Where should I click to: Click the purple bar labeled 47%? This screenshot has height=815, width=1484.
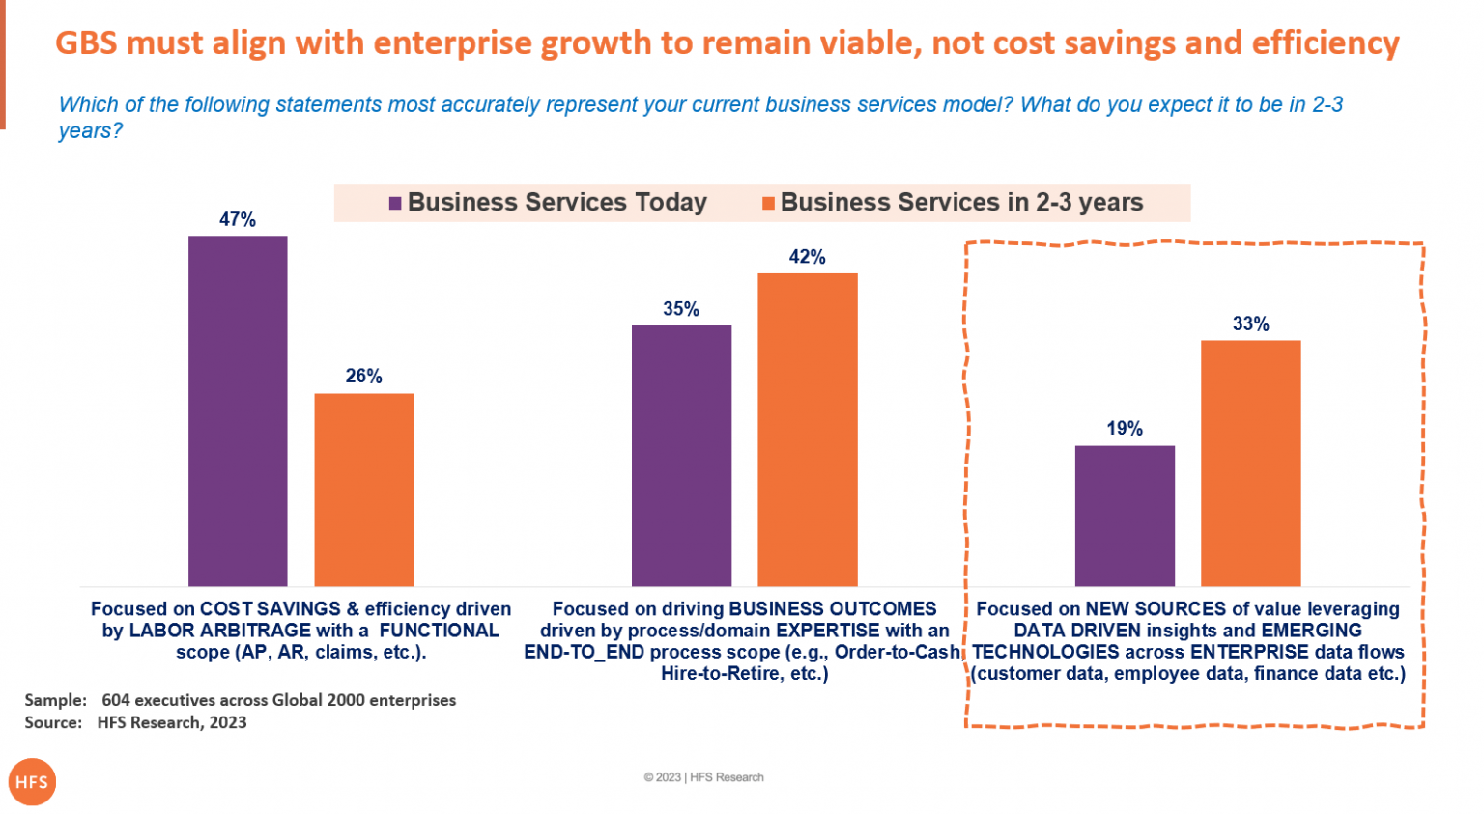pyautogui.click(x=238, y=410)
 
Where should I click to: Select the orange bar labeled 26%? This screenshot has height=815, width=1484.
pyautogui.click(x=364, y=490)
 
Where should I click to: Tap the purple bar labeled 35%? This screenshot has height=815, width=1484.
pyautogui.click(x=681, y=456)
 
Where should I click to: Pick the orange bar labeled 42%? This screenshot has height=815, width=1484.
pyautogui.click(x=807, y=430)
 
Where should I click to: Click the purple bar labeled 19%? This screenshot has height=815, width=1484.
pyautogui.click(x=1125, y=516)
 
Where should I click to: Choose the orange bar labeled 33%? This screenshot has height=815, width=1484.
pyautogui.click(x=1250, y=463)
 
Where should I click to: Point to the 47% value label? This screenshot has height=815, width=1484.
pyautogui.click(x=238, y=219)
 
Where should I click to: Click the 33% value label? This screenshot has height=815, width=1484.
pyautogui.click(x=1250, y=323)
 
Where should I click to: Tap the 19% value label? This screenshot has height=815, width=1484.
pyautogui.click(x=1125, y=428)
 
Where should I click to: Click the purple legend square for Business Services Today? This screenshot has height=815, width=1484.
pyautogui.click(x=395, y=203)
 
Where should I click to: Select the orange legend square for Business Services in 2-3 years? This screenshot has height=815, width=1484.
pyautogui.click(x=768, y=203)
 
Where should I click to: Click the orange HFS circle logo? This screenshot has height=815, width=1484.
pyautogui.click(x=32, y=782)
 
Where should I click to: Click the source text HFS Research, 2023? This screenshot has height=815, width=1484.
pyautogui.click(x=172, y=722)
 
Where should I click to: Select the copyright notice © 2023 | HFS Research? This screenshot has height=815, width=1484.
pyautogui.click(x=703, y=777)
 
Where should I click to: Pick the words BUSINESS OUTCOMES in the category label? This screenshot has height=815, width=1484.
pyautogui.click(x=833, y=609)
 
